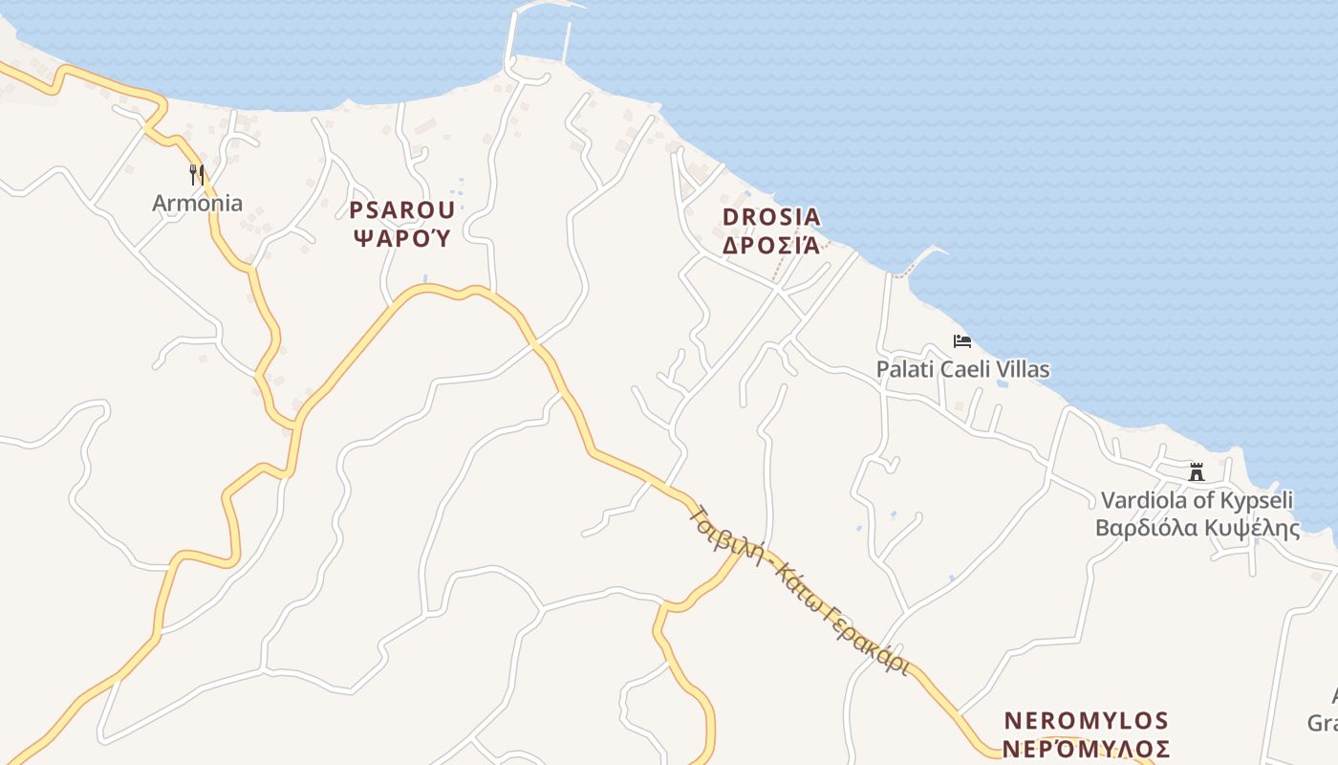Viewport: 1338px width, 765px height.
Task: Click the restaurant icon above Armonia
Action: tap(197, 174)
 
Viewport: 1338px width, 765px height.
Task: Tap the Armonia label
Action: tap(197, 203)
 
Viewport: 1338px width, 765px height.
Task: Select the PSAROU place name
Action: tap(401, 210)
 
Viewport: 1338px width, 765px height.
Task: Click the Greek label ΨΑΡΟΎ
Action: tap(401, 237)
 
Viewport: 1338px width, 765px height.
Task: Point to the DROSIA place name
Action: tap(771, 217)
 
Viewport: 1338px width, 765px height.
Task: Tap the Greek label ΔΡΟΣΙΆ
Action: tap(771, 245)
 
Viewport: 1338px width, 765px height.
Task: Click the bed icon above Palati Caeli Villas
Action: tap(961, 341)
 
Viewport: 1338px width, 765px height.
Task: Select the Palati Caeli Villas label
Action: tap(962, 369)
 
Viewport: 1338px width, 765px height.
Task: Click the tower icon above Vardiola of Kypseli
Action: tap(1196, 471)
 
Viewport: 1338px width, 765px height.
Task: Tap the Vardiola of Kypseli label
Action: tap(1197, 500)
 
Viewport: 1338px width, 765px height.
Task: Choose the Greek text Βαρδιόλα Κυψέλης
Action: tap(1197, 528)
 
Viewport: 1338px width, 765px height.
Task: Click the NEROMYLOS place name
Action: tap(1087, 720)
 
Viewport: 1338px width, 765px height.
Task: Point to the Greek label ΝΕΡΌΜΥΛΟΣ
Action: tap(1087, 747)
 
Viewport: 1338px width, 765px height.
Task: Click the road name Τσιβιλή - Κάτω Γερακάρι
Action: tap(798, 589)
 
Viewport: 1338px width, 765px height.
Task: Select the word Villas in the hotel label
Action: tap(1022, 369)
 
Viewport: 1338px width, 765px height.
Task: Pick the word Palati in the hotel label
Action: tap(903, 369)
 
